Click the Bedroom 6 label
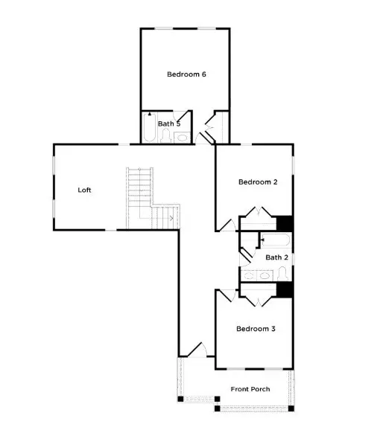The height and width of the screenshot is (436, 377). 186,74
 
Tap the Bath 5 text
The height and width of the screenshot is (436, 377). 169,124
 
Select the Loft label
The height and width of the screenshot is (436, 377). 85,190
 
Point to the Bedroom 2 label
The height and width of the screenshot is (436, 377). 258,182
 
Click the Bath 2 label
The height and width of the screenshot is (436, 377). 276,257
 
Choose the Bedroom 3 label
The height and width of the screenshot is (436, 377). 256,328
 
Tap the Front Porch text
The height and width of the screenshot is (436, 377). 250,389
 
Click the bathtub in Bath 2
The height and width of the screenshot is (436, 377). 276,240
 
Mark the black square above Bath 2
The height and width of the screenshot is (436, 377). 284,223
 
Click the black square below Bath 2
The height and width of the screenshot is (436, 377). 283,289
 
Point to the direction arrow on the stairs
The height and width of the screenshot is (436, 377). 171,218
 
